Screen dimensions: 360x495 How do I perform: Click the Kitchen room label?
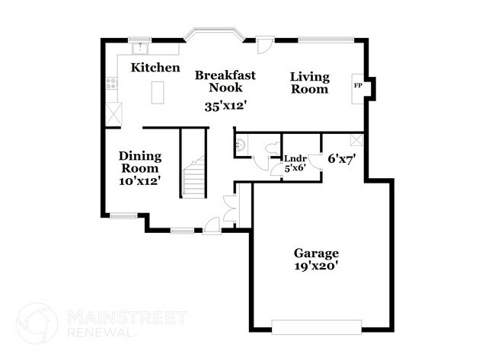click(155, 68)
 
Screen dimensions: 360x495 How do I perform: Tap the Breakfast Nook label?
click(225, 81)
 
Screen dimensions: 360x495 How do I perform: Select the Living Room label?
click(309, 83)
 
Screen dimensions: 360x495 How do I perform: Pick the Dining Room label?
click(139, 162)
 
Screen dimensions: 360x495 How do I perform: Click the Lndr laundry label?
click(295, 160)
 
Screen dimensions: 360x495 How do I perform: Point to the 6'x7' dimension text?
click(343, 159)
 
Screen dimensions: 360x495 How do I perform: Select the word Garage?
click(316, 253)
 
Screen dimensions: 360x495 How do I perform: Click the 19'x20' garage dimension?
click(316, 266)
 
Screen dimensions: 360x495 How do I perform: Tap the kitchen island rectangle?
click(157, 92)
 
